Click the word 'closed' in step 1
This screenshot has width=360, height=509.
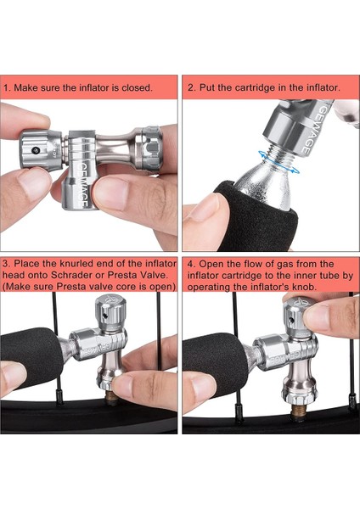(137, 87)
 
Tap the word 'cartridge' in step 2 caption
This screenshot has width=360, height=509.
(256, 87)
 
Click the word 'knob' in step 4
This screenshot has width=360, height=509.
(307, 288)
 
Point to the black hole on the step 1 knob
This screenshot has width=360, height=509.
(35, 150)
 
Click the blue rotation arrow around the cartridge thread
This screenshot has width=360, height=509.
(278, 162)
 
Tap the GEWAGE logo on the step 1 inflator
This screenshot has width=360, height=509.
(82, 185)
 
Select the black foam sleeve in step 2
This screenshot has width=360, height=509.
(256, 217)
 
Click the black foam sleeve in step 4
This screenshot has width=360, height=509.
(215, 361)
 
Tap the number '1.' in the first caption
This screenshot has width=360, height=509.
(8, 87)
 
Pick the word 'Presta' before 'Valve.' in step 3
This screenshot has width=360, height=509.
(124, 275)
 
